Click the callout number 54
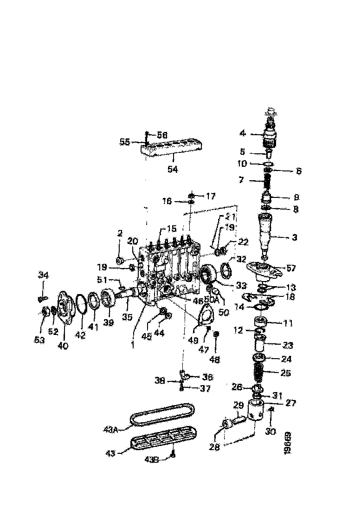(x=173, y=170)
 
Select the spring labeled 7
(x=267, y=180)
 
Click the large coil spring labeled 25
(x=258, y=372)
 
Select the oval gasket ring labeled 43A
(x=161, y=415)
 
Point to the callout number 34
(x=43, y=276)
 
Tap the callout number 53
(x=39, y=340)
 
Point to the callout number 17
(x=210, y=197)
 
